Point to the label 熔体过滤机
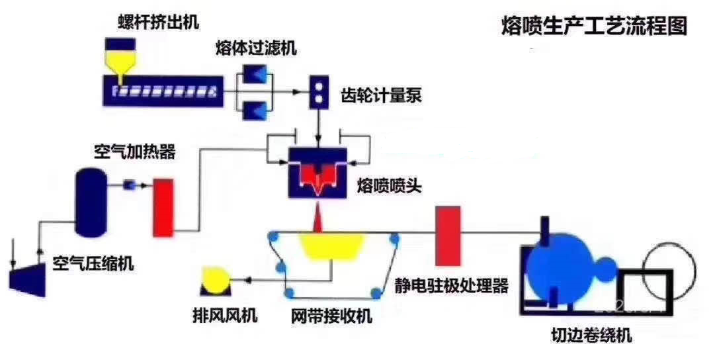[x=256, y=48]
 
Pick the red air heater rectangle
[x=163, y=206]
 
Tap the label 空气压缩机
[x=93, y=265]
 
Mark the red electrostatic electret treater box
[x=448, y=236]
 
